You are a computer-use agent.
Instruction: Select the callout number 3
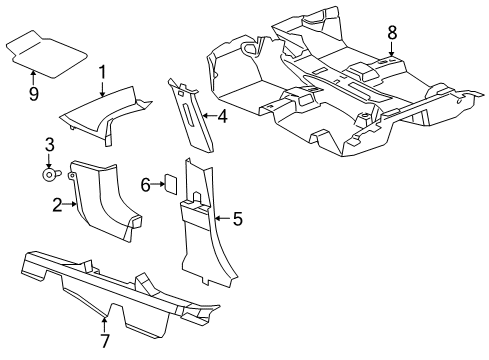(47, 149)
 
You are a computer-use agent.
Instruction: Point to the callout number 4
(223, 118)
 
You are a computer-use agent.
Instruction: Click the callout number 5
(237, 217)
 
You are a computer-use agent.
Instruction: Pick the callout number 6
(145, 184)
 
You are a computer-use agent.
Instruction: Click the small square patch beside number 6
(170, 183)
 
